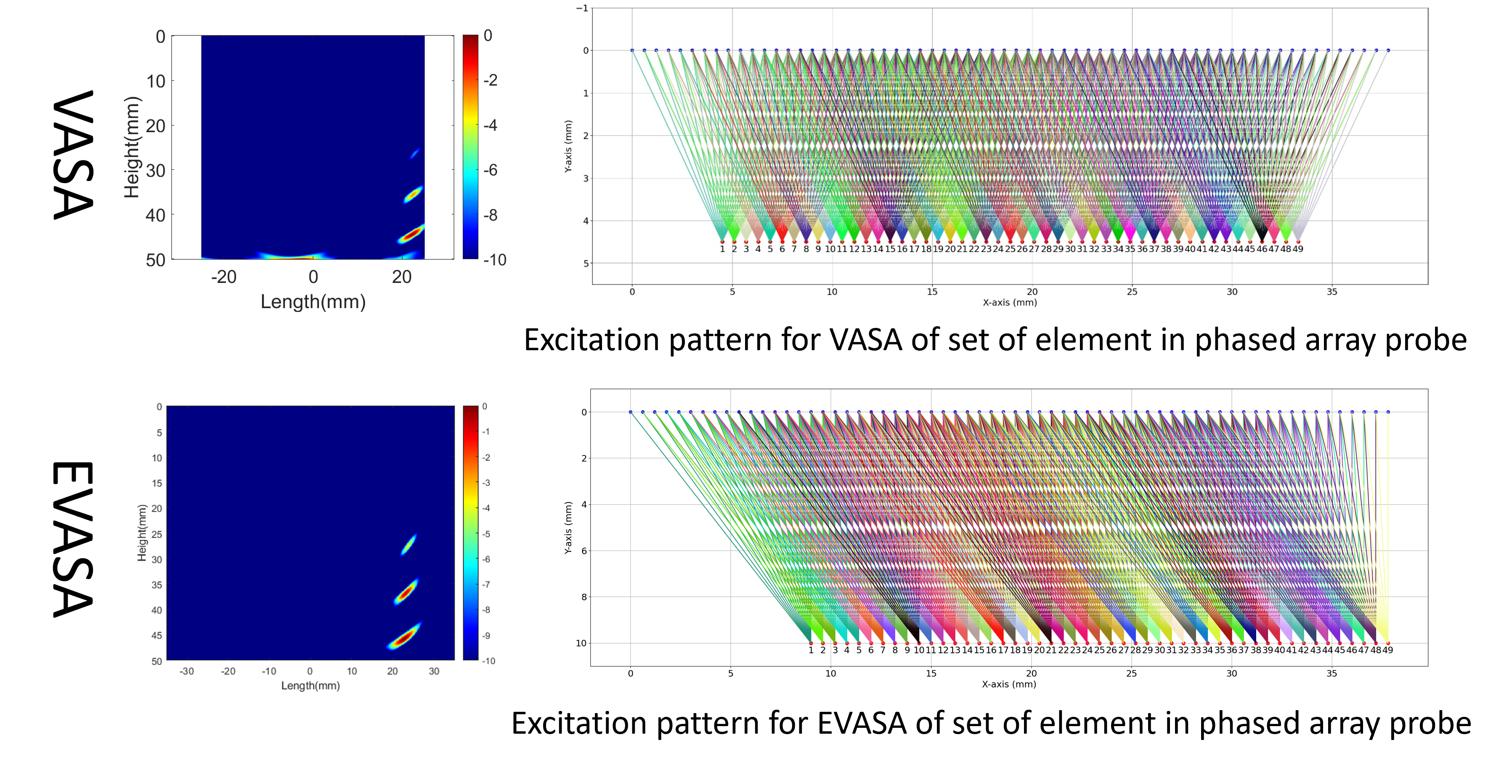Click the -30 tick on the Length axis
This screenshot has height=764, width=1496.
pos(186,671)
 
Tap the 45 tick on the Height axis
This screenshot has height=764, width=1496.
pos(157,636)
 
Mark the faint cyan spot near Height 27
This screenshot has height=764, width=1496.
pos(415,153)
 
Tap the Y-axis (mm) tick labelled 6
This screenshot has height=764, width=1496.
pos(584,551)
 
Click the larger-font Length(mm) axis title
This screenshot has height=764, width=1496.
pos(313,301)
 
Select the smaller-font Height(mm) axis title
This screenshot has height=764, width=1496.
pos(142,533)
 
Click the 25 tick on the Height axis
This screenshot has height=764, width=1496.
pos(157,534)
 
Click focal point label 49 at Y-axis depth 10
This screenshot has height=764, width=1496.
pos(1387,650)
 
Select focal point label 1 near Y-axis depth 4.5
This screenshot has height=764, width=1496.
pos(722,249)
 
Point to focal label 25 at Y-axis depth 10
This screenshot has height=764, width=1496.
pos(1099,650)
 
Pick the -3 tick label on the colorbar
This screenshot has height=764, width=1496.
pos(486,483)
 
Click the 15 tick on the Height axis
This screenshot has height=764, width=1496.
pos(157,483)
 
